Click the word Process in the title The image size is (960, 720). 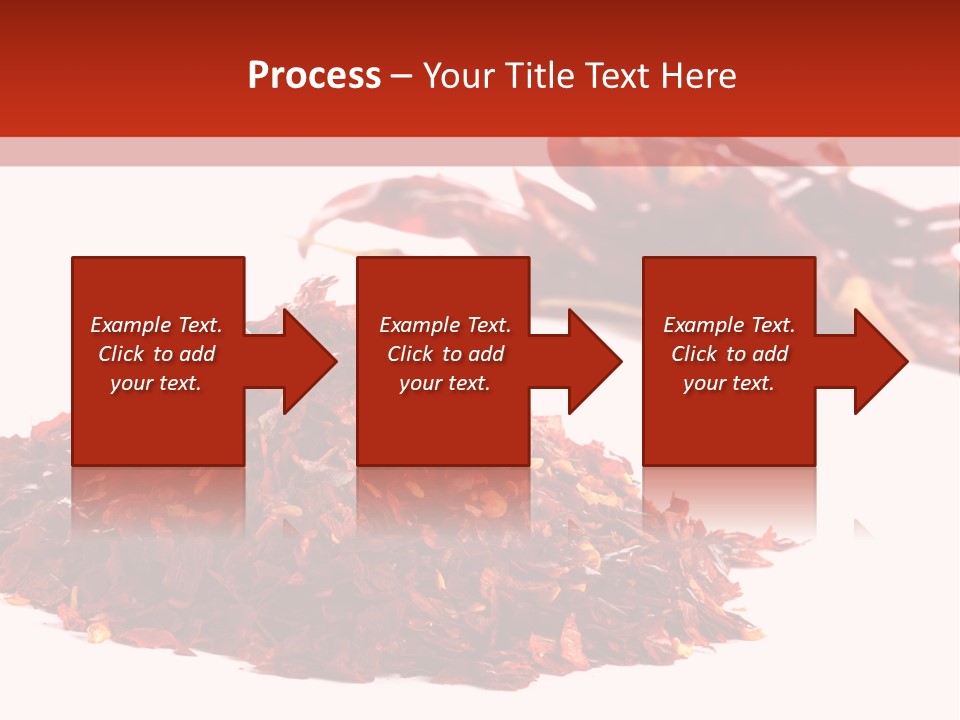[x=314, y=76]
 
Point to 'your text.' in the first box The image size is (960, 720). [x=156, y=383]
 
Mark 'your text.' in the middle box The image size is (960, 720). [x=445, y=383]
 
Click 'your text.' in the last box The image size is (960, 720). [x=729, y=383]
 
